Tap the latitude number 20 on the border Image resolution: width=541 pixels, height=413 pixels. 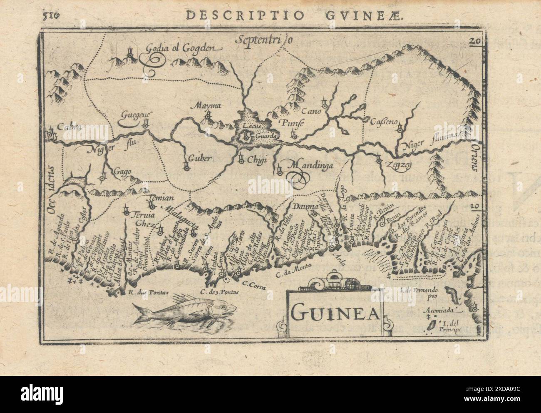pyautogui.click(x=474, y=41)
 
